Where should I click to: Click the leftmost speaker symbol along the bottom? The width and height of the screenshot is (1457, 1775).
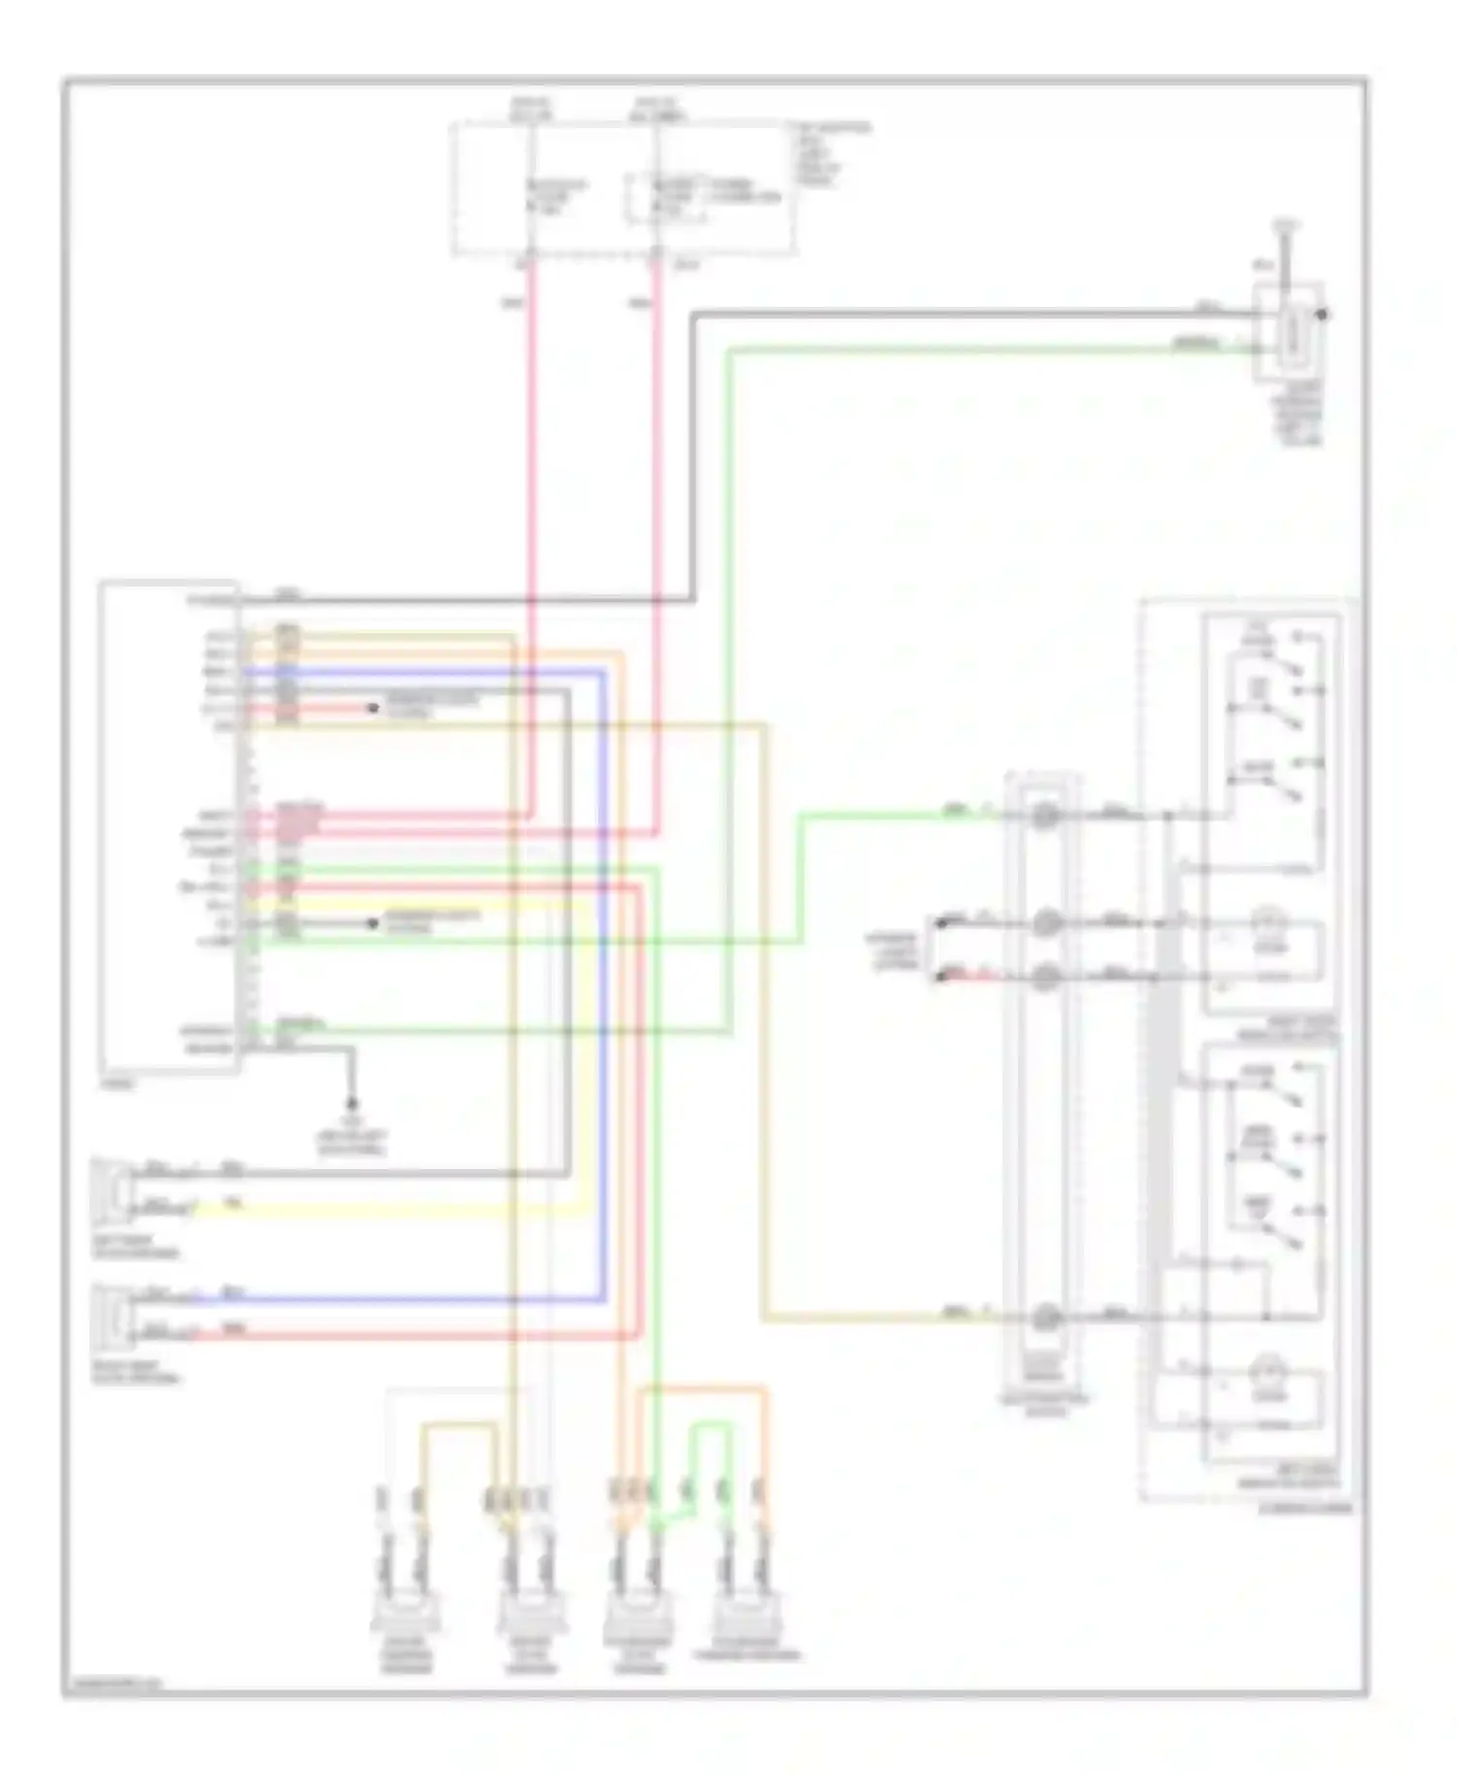[404, 1615]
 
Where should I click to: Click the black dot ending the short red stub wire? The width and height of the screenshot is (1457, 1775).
[372, 708]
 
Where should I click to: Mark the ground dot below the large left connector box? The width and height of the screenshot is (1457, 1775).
[352, 1104]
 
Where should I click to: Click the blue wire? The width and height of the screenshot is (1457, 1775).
[602, 971]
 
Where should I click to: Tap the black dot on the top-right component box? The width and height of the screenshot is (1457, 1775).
[1326, 314]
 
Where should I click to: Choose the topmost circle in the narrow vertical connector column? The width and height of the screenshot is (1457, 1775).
[1044, 816]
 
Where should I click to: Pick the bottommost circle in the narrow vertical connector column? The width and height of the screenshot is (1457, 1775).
[1044, 1318]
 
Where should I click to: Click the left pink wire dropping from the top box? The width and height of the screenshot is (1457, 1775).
[532, 534]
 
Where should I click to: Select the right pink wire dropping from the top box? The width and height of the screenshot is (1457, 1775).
[658, 534]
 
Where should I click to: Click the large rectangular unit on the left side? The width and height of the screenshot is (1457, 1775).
[169, 826]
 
